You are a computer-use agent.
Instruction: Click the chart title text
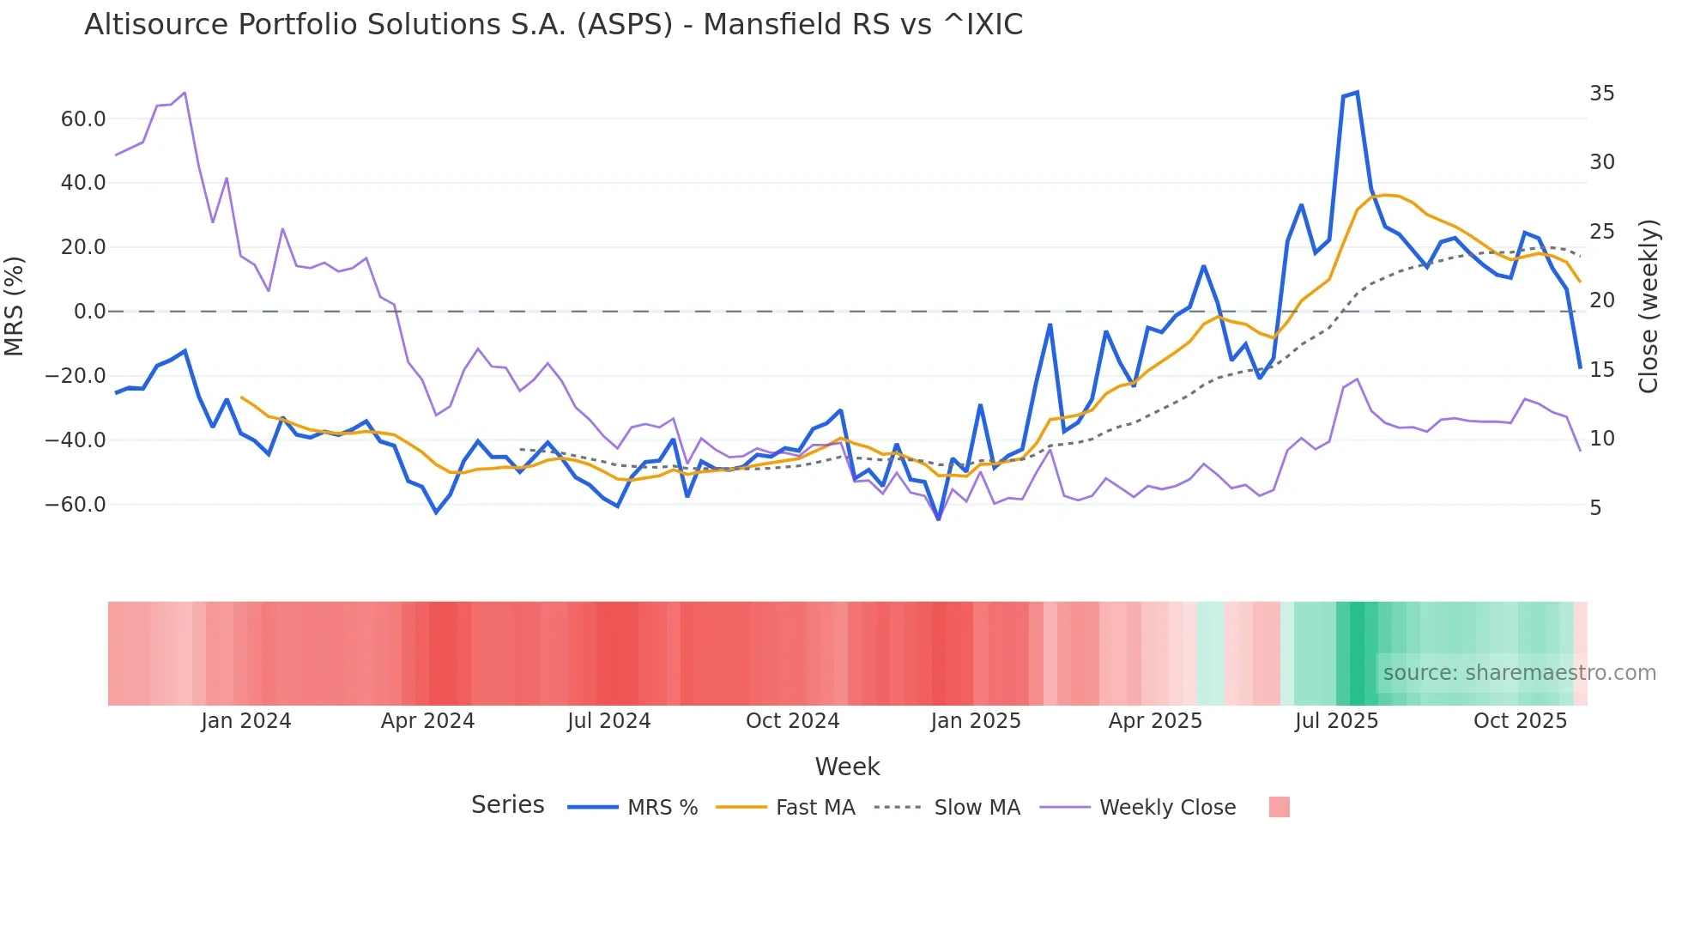(x=554, y=25)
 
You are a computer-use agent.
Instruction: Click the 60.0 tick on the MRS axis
(x=83, y=119)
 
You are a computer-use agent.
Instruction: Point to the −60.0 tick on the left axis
(x=76, y=505)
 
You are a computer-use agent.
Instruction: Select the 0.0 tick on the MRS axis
(x=89, y=312)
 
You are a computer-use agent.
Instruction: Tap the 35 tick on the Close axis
(x=1601, y=94)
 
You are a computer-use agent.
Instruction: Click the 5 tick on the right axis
(x=1595, y=508)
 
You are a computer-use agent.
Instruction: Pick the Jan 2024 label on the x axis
(x=246, y=721)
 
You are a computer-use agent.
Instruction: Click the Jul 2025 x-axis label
(x=1336, y=721)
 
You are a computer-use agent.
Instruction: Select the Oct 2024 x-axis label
(x=792, y=721)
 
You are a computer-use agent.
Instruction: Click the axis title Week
(x=847, y=767)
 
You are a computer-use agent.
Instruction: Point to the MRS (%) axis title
(x=15, y=306)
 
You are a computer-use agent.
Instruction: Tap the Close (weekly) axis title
(x=1649, y=306)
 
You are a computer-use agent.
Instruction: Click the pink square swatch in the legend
(x=1279, y=807)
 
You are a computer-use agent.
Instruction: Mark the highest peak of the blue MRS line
(x=1357, y=92)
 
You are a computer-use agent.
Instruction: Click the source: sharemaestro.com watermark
(x=1519, y=673)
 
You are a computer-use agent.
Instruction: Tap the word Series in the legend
(x=507, y=805)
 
